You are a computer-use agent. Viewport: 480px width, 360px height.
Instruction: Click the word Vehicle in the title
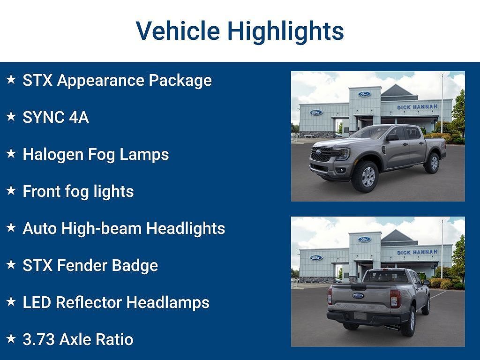178,30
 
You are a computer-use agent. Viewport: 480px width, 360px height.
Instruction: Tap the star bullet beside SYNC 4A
11,116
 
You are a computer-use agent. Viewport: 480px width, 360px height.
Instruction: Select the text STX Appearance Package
117,81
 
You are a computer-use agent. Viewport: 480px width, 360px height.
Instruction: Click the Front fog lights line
78,192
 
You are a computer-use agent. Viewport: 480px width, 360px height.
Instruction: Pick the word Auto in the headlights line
40,228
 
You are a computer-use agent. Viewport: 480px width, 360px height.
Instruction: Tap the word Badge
135,265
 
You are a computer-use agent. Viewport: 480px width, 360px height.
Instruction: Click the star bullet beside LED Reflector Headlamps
11,301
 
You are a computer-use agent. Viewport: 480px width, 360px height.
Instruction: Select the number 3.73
39,339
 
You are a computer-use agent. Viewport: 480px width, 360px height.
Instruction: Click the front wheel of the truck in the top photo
365,177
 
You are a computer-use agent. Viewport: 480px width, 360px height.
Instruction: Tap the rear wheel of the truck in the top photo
432,163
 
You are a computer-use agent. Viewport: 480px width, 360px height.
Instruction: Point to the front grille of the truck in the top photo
322,154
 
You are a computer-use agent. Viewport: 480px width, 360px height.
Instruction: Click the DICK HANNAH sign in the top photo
417,107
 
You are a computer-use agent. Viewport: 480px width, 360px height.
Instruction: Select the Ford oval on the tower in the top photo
364,94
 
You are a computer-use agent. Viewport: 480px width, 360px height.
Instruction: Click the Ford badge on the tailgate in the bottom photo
358,296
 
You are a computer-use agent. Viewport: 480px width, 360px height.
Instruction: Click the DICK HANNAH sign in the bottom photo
417,252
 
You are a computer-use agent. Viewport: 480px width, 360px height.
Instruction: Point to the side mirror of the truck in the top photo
392,137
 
